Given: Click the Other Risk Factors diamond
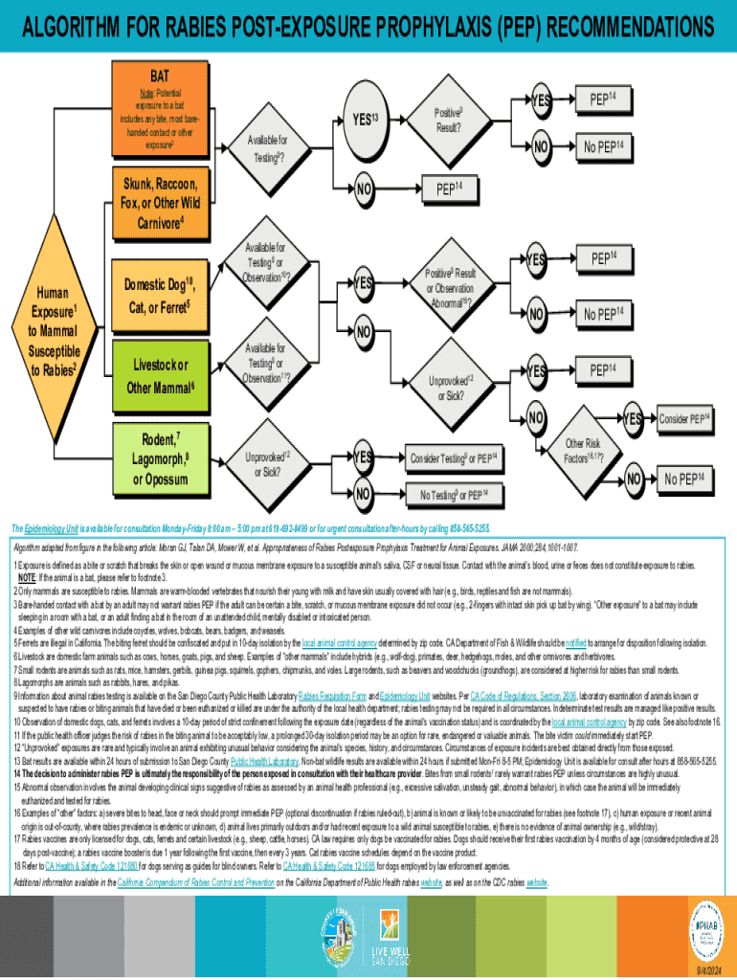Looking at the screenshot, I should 582,450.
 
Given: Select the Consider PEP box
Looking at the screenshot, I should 685,418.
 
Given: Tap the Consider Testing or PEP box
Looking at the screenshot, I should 454,458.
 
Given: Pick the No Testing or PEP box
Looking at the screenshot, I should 454,494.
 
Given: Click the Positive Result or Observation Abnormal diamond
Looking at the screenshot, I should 448,288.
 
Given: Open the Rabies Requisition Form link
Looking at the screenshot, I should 331,696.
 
